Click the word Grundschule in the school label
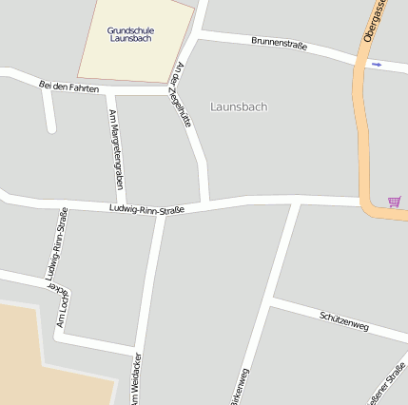tap(130, 30)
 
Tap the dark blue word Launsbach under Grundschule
tap(130, 39)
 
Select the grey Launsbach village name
tap(239, 106)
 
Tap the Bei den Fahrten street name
tap(69, 87)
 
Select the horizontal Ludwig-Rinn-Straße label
tap(146, 208)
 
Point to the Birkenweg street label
tap(239, 385)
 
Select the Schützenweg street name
tap(344, 319)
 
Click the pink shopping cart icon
tap(394, 202)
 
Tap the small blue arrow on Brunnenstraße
tap(377, 64)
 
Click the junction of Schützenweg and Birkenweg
tap(271, 303)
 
